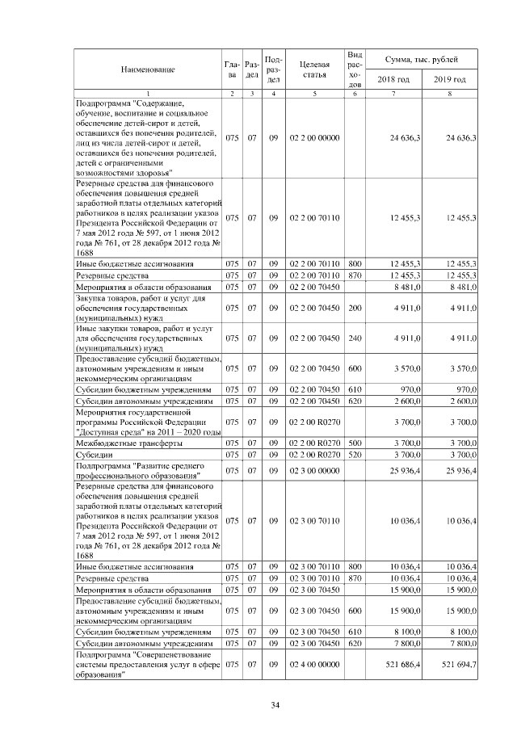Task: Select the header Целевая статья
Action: click(313, 69)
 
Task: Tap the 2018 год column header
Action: click(393, 79)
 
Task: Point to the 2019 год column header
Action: click(450, 79)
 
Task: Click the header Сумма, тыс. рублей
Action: click(422, 60)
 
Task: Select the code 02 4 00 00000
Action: click(313, 664)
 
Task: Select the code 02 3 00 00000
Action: click(313, 471)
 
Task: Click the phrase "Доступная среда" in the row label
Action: click(111, 432)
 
